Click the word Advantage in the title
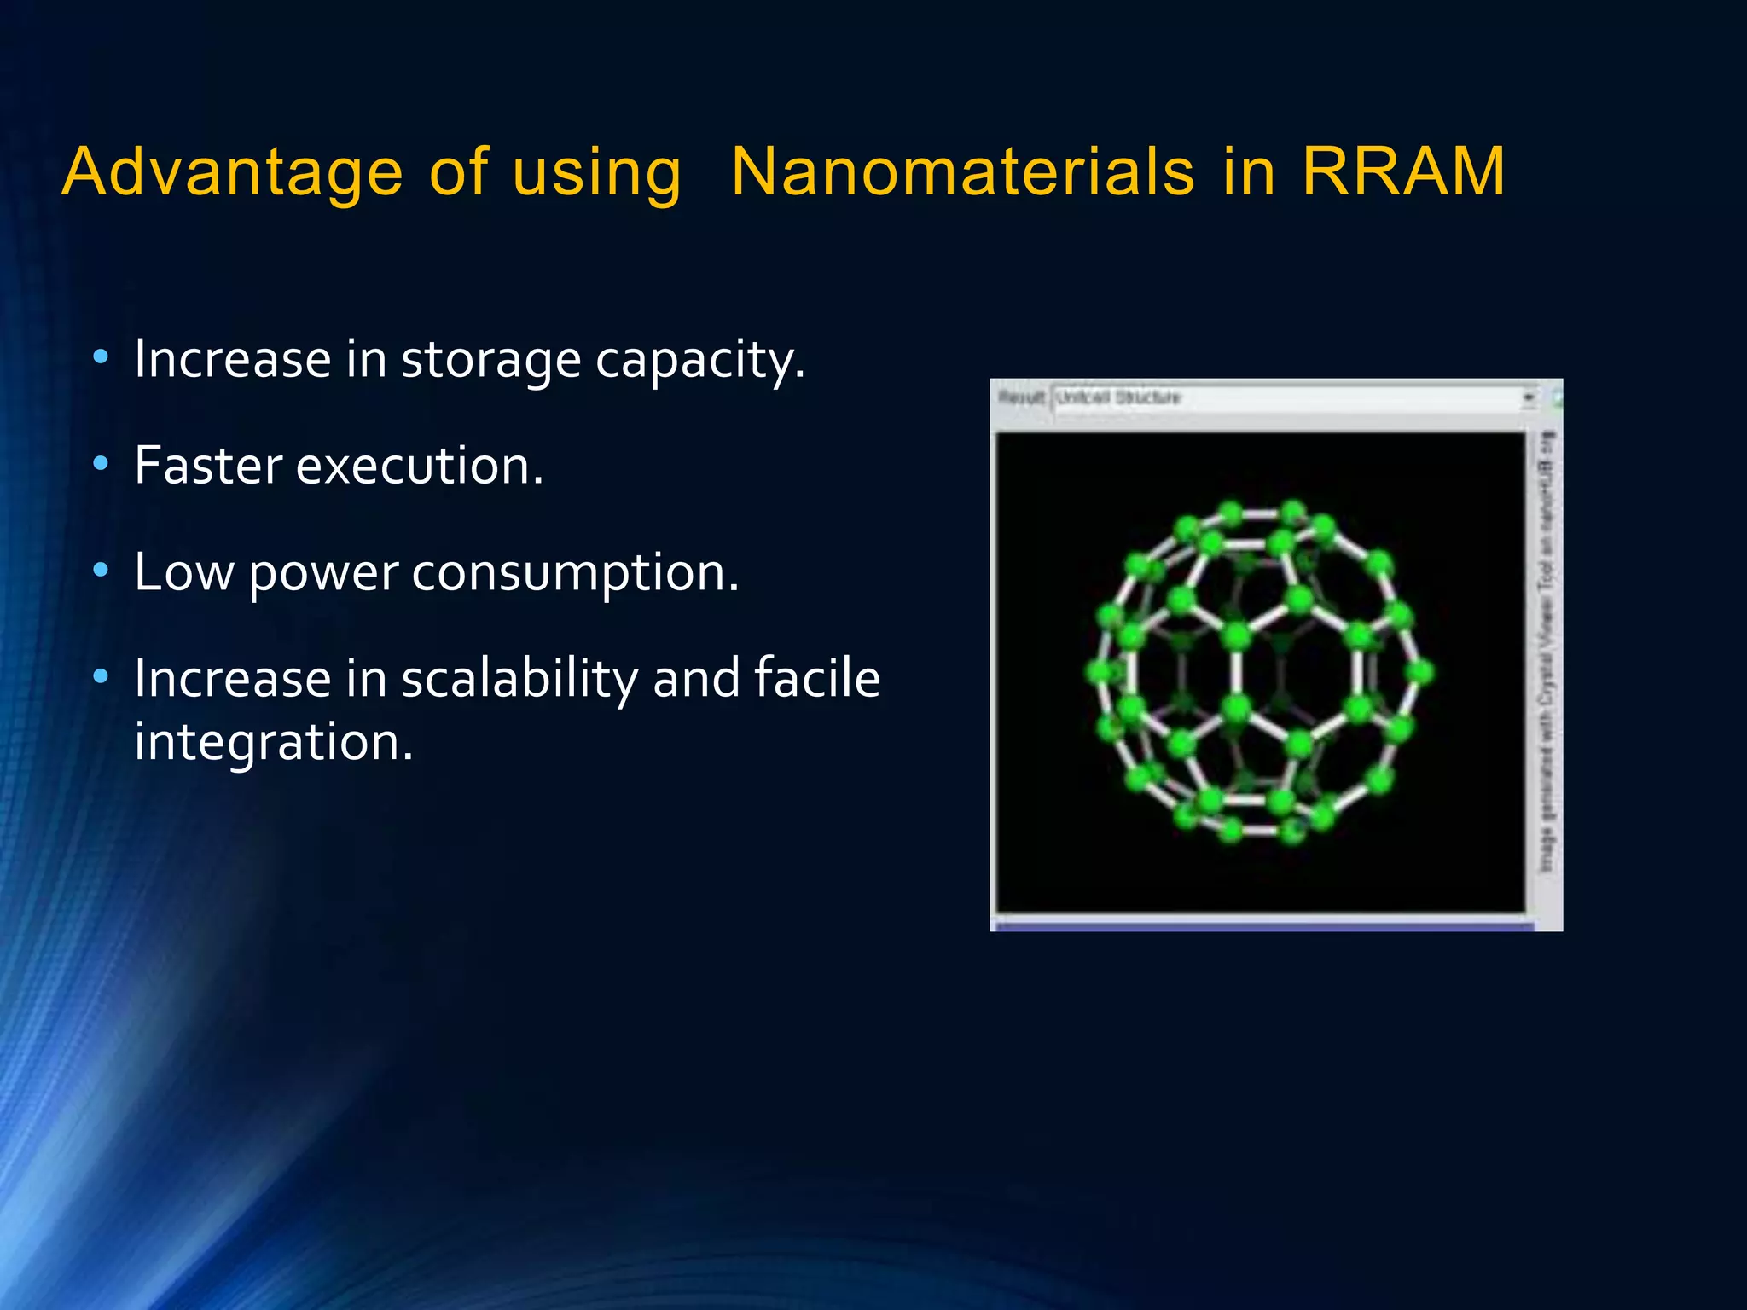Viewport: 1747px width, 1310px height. coord(232,173)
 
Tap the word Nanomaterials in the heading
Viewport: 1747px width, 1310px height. coord(962,171)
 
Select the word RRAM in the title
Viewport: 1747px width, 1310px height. coord(1403,171)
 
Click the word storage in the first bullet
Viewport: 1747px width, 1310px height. coord(490,360)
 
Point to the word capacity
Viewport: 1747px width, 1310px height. coord(699,360)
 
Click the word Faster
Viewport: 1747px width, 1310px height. coord(208,466)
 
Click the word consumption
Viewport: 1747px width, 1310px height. coord(575,573)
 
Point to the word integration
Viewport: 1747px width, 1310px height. coord(273,742)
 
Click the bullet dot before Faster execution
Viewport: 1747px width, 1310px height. coord(101,464)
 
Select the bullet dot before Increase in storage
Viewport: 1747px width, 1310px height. coord(101,358)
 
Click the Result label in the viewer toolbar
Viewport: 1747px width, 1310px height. coord(1021,397)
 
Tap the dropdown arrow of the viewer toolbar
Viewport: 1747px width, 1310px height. coord(1528,397)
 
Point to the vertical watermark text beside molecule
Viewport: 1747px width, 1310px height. coord(1545,652)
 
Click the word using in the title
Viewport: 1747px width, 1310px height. coord(596,173)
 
